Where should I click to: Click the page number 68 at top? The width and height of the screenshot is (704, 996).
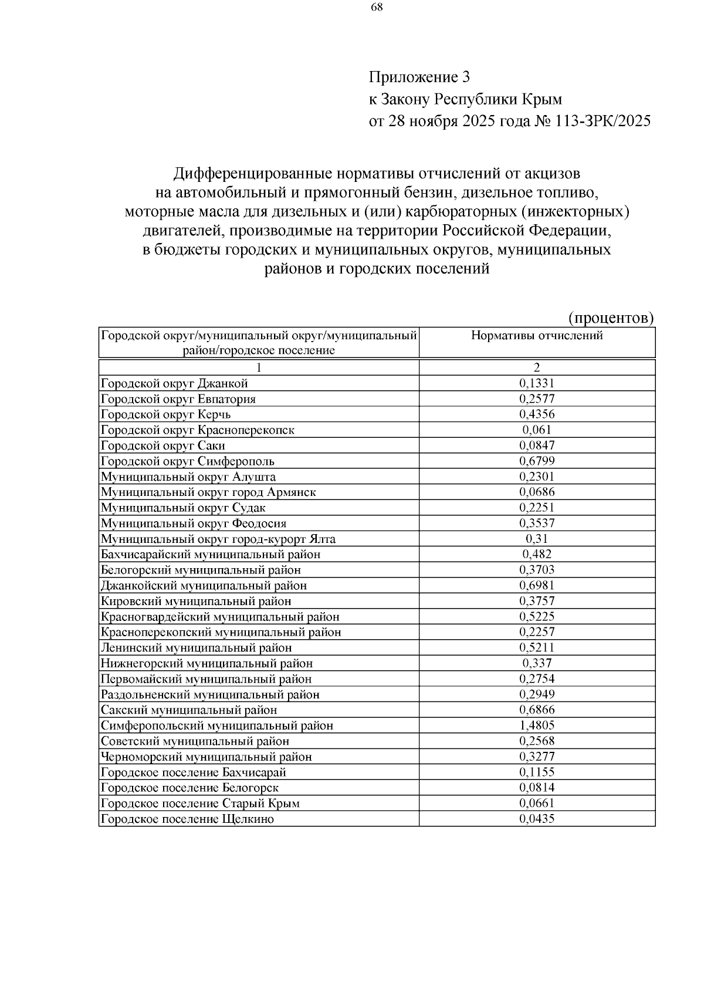click(x=377, y=8)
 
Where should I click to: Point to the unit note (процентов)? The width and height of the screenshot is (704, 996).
click(x=611, y=318)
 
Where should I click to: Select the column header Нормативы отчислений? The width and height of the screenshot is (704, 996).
click(x=537, y=336)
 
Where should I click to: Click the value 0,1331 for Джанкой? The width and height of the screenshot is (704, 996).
click(x=537, y=383)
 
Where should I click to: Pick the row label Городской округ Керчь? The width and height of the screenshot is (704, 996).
click(x=166, y=414)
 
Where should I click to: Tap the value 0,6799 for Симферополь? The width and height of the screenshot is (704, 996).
click(x=537, y=461)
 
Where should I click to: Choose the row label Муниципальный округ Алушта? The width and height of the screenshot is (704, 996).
click(x=188, y=477)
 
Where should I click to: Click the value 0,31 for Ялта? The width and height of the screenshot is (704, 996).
click(x=537, y=539)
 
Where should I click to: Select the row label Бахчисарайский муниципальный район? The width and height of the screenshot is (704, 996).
click(x=211, y=554)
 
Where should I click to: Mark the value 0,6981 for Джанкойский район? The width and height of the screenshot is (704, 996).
click(x=537, y=585)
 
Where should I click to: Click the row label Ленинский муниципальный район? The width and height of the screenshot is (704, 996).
click(x=197, y=647)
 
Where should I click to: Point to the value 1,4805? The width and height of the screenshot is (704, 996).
click(x=537, y=725)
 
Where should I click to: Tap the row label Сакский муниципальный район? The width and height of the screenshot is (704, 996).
click(x=189, y=710)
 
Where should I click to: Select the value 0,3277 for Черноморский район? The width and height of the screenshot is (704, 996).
click(x=537, y=757)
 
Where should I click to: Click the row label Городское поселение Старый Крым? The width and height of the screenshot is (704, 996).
click(x=200, y=803)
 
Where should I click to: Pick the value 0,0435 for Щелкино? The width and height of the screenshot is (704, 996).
click(x=537, y=819)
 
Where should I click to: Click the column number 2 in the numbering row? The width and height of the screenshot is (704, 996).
click(x=537, y=368)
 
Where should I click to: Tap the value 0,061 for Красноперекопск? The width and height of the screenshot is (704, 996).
click(x=537, y=430)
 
